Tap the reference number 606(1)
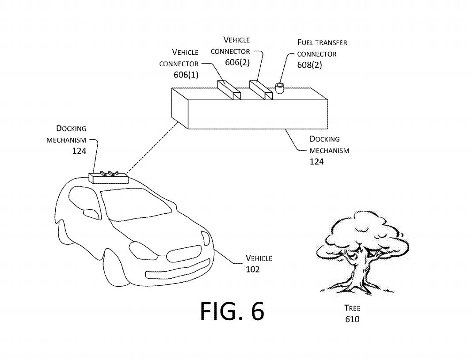186,75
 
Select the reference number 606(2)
237,62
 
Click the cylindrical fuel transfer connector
280,87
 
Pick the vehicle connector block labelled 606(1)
229,91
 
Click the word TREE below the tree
352,308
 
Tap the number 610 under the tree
352,319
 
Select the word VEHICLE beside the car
259,258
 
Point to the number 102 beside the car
253,269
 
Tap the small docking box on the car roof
109,178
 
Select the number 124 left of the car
79,151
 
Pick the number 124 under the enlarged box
316,162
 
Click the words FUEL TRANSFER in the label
322,43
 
